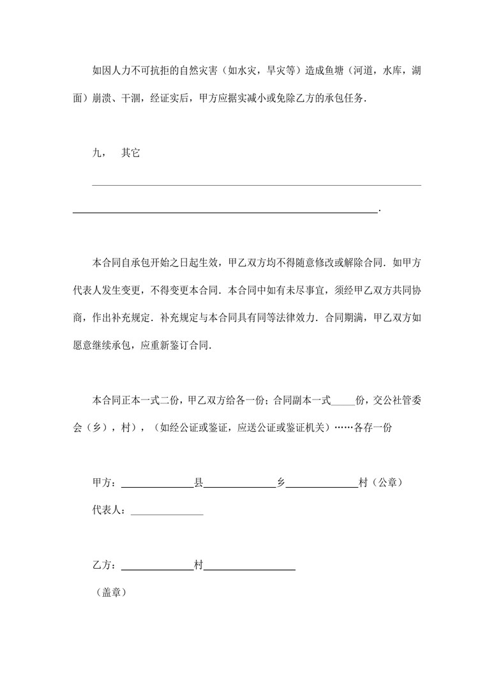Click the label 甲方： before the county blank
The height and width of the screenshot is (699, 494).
pyautogui.click(x=106, y=483)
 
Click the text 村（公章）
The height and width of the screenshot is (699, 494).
pyautogui.click(x=380, y=483)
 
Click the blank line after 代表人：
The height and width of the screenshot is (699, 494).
pyautogui.click(x=167, y=515)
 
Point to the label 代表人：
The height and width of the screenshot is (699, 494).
pyautogui.click(x=111, y=511)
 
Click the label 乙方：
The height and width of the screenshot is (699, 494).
pyautogui.click(x=106, y=565)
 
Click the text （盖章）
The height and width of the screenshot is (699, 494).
pyautogui.click(x=111, y=593)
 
